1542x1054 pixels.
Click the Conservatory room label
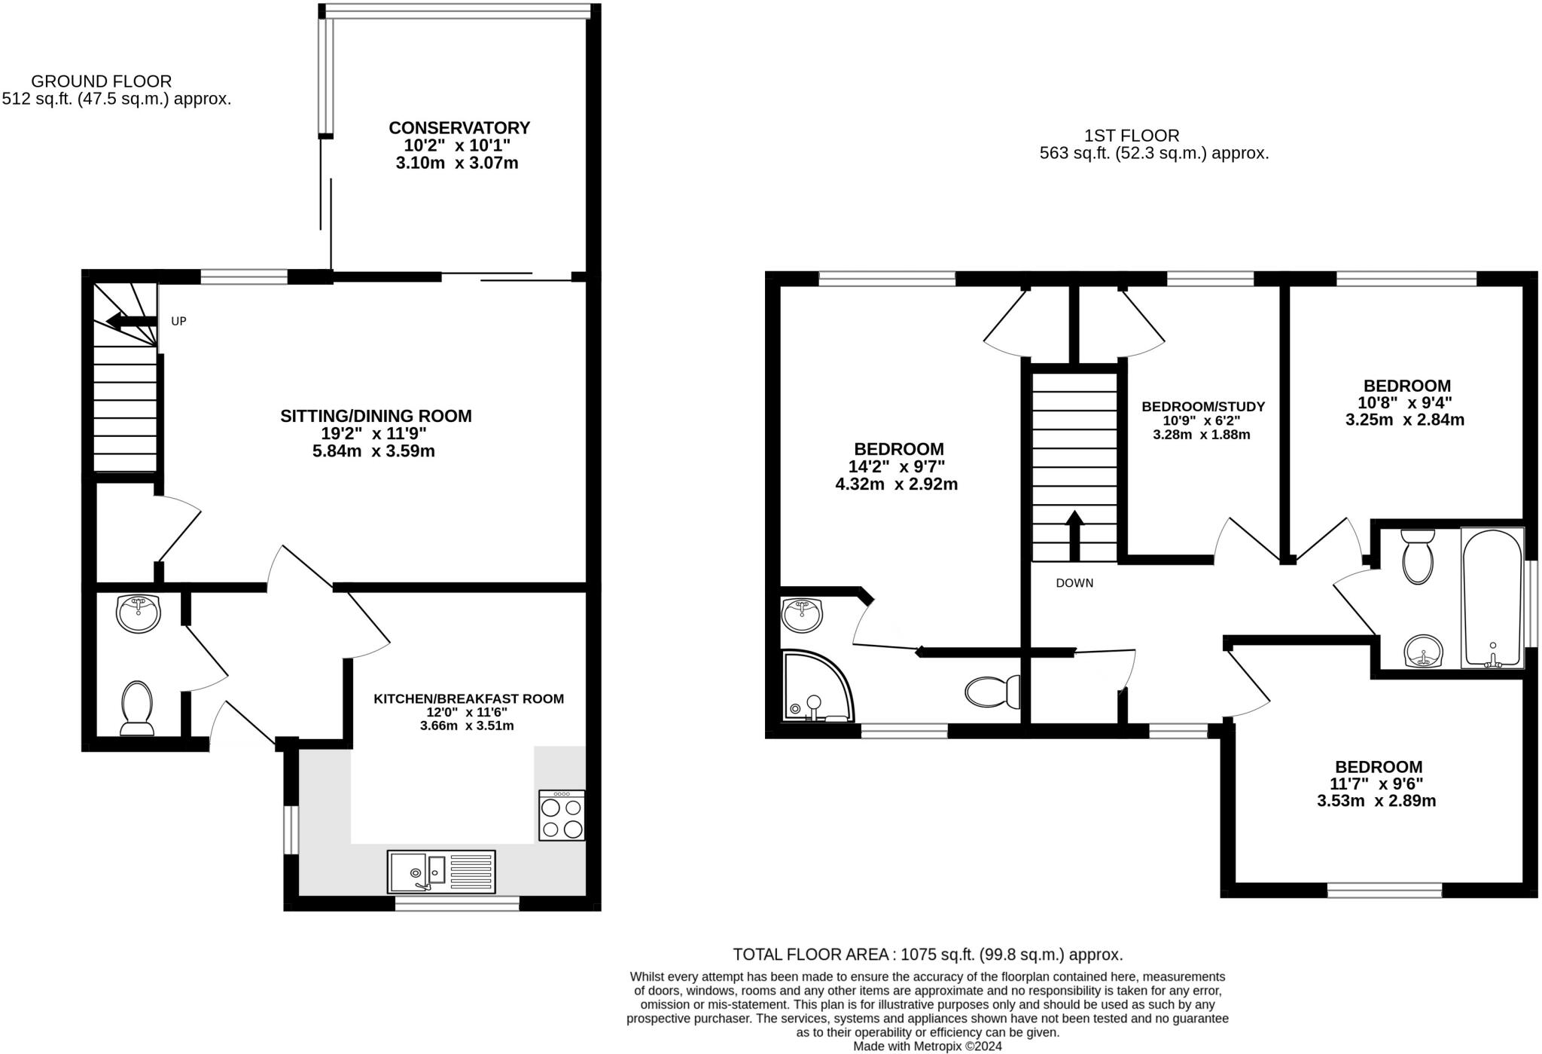[x=459, y=128]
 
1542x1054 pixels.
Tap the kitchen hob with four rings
[x=562, y=815]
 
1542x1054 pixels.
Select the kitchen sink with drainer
[x=441, y=872]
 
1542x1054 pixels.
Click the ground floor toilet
[x=137, y=708]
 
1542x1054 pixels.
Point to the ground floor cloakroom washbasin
[x=139, y=613]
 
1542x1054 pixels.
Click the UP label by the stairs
[x=178, y=321]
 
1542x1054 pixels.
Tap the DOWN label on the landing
[x=1074, y=583]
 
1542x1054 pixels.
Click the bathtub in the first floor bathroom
[x=1492, y=597]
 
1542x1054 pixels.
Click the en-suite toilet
[x=992, y=692]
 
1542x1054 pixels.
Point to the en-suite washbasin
[x=803, y=615]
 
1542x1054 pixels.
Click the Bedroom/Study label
[x=1203, y=407]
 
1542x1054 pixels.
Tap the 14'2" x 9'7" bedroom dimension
[x=897, y=467]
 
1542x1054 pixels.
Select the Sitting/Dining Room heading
[x=376, y=416]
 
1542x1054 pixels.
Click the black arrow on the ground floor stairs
[x=131, y=322]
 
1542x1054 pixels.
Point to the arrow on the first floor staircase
[x=1074, y=536]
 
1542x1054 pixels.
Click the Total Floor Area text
[x=928, y=955]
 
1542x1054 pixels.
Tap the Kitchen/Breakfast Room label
[x=468, y=699]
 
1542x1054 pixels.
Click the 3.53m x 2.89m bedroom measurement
[x=1376, y=801]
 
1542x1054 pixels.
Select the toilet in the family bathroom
[x=1418, y=557]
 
